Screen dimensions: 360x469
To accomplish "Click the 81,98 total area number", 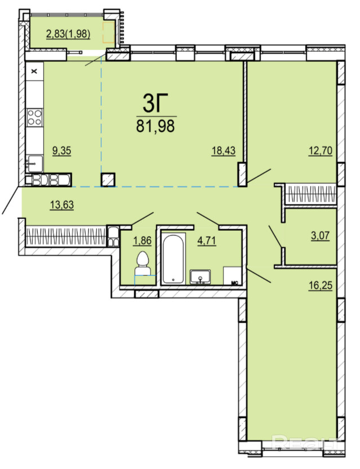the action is point(155,126).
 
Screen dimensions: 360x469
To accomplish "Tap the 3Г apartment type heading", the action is point(155,103).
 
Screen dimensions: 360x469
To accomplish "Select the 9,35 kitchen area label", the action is point(61,151).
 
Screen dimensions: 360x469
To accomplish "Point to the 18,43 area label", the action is point(224,151).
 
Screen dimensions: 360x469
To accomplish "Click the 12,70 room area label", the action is point(321,151).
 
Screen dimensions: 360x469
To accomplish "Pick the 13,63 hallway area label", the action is point(62,205).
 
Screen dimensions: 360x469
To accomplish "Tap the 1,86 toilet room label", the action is point(143,240).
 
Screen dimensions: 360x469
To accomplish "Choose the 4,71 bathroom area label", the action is point(207,240).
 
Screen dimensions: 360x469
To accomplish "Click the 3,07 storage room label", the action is point(320,236).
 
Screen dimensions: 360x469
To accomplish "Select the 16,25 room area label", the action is point(321,285).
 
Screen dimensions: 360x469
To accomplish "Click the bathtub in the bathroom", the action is point(174,258).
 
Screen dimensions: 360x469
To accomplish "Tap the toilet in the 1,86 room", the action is point(142,263).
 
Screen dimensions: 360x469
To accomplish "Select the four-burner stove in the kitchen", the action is point(34,117).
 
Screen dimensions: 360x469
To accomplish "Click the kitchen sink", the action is point(34,164).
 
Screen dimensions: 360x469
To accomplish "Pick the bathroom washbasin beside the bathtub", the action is point(200,276).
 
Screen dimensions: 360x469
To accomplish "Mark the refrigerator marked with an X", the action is point(34,71).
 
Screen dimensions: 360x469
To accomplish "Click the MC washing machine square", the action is point(232,275).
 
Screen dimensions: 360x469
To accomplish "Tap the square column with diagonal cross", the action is point(108,180).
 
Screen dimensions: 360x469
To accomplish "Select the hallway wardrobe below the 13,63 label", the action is point(66,236).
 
